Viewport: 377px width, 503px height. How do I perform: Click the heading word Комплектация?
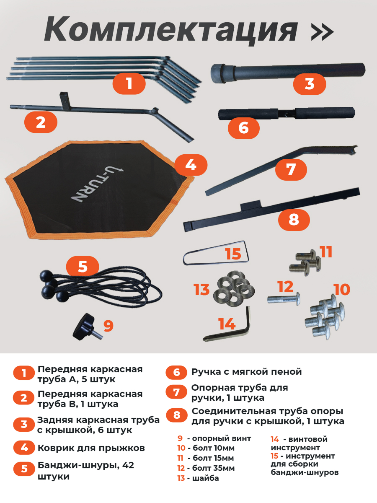(170, 30)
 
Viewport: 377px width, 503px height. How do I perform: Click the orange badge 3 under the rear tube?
(310, 84)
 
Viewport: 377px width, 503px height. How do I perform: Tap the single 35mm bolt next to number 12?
(284, 299)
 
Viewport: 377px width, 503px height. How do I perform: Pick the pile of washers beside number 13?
(233, 289)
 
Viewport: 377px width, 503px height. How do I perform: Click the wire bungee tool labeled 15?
(216, 254)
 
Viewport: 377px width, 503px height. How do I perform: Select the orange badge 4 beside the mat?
(191, 165)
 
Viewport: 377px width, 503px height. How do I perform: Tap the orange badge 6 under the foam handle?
(243, 128)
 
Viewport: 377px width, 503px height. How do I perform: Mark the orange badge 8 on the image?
(294, 220)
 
